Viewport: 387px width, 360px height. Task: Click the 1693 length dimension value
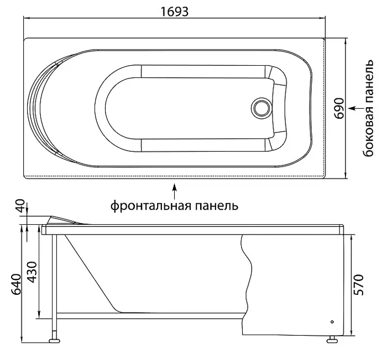coord(175,12)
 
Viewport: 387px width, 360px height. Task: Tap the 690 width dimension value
coord(339,108)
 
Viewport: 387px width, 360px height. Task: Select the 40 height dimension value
coord(21,206)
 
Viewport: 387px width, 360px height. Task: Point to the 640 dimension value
coord(17,284)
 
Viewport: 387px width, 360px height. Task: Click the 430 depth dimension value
coord(32,272)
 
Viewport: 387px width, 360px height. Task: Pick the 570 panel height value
coord(359,284)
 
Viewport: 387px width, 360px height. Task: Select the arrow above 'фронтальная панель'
coord(175,191)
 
